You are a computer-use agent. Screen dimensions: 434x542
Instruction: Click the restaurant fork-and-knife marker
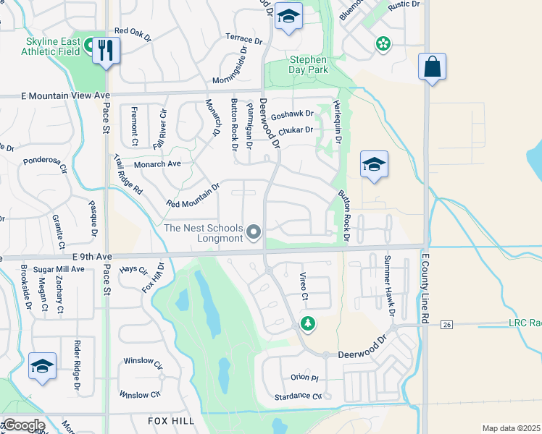click(x=107, y=51)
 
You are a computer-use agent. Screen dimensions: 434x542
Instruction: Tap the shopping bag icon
click(x=432, y=67)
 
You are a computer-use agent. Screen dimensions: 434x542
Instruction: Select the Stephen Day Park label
click(x=309, y=64)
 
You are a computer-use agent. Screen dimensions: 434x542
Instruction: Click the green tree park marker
click(x=308, y=323)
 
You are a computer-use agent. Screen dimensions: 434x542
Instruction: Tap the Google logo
click(x=23, y=425)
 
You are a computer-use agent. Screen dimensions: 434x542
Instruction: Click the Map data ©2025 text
click(x=511, y=428)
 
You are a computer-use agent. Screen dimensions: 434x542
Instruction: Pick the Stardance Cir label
click(x=297, y=396)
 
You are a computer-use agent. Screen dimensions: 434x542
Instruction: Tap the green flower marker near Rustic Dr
click(x=383, y=45)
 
